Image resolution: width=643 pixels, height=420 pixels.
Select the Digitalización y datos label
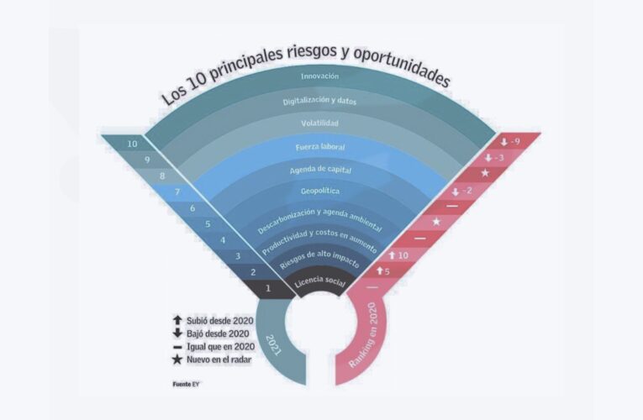(319, 100)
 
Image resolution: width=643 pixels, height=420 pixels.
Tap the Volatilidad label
(319, 123)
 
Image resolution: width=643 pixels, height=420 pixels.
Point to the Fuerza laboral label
(320, 147)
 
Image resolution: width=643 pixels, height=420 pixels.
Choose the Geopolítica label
(320, 191)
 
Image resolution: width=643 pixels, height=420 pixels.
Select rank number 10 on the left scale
(133, 144)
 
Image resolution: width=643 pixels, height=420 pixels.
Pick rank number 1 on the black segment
(268, 289)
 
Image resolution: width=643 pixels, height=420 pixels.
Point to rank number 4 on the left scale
(223, 240)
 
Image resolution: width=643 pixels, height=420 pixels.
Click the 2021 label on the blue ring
(272, 344)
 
